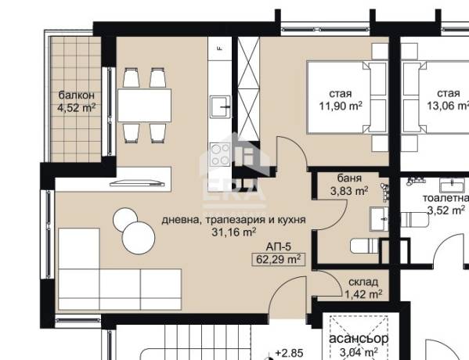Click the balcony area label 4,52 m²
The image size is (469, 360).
[76, 107]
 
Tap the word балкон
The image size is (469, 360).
[76, 95]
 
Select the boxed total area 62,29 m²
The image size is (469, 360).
[279, 259]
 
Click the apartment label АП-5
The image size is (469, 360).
[279, 247]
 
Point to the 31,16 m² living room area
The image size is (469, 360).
[233, 232]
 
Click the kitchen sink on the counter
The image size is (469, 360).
[221, 106]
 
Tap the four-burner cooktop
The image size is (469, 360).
[220, 154]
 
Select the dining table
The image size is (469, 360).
[145, 106]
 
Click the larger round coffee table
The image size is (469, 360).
[139, 238]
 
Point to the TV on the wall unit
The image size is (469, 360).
[138, 182]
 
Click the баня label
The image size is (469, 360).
[349, 178]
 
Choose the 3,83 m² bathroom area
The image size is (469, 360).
[349, 191]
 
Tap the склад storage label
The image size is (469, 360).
[363, 282]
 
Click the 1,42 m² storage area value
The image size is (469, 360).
[363, 294]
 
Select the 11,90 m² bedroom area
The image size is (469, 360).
[341, 106]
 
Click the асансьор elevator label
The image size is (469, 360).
[359, 338]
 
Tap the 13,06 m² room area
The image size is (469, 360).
[448, 106]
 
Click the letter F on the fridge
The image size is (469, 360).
[220, 49]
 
